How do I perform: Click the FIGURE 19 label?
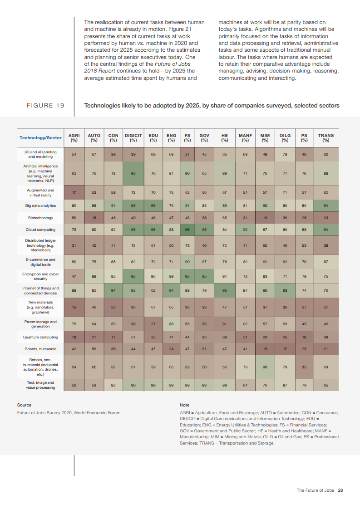pos(45,106)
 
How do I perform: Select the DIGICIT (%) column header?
pos(133,137)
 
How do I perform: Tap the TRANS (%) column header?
pos(325,137)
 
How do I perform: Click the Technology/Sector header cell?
pos(40,137)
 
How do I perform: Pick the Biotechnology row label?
pos(40,218)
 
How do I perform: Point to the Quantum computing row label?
pos(40,337)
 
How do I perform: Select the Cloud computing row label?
pos(40,230)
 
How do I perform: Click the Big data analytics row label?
pos(40,206)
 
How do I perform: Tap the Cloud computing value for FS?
pos(187,230)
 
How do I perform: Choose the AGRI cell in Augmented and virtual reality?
pos(74,192)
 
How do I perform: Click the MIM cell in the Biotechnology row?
pos(265,218)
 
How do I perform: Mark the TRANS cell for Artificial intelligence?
pos(325,173)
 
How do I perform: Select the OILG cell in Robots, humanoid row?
pos(285,349)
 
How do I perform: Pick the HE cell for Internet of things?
pos(224,290)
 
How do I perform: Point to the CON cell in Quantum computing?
pos(113,337)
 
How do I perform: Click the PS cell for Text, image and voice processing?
pos(304,385)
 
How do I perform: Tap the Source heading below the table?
pos(24,405)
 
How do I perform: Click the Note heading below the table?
pos(185,405)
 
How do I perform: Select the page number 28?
pos(340,490)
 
